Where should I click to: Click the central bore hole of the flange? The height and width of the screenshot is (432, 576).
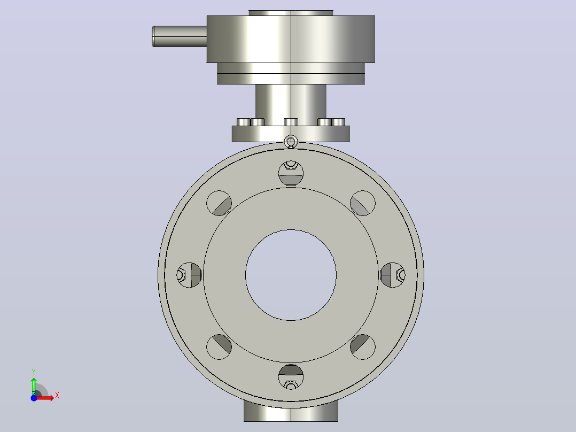[291, 275]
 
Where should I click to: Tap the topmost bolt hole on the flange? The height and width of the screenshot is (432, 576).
[291, 173]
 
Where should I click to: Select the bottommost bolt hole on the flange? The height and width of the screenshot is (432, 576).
[291, 377]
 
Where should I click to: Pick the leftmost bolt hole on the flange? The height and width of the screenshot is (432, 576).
[189, 275]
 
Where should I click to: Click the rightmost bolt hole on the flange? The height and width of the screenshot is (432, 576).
[393, 275]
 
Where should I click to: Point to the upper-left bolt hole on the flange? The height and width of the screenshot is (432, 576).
[219, 203]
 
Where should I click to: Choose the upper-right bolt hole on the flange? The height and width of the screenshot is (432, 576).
[363, 203]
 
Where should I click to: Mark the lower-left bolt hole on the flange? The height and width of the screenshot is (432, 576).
[219, 346]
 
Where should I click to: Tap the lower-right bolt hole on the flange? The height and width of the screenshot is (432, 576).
[363, 346]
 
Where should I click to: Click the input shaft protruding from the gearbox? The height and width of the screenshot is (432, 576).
[180, 36]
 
